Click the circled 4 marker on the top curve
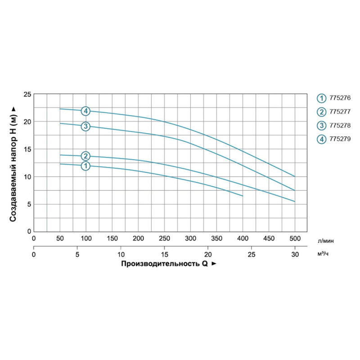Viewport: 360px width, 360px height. pyautogui.click(x=85, y=111)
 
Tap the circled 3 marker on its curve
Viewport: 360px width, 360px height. pyautogui.click(x=85, y=126)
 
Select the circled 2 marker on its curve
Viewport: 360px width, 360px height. pyautogui.click(x=85, y=156)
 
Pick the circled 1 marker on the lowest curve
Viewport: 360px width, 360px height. pyautogui.click(x=85, y=166)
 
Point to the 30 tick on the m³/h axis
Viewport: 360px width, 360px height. pyautogui.click(x=295, y=254)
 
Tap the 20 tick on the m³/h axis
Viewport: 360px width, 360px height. pyautogui.click(x=208, y=254)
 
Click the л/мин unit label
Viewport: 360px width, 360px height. pyautogui.click(x=326, y=242)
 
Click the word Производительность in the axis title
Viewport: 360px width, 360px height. pyautogui.click(x=160, y=264)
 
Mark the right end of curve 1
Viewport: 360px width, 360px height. pyautogui.click(x=243, y=196)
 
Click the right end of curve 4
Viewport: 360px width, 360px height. pyautogui.click(x=295, y=176)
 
